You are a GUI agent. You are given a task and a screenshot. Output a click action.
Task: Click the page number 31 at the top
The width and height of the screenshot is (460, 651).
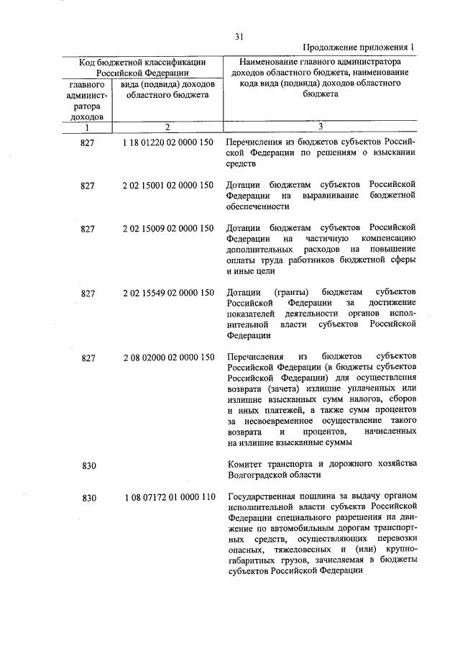240,36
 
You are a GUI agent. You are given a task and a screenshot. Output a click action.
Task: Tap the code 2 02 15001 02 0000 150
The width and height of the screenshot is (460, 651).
168,186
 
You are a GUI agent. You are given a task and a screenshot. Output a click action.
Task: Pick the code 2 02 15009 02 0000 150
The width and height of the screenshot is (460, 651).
168,228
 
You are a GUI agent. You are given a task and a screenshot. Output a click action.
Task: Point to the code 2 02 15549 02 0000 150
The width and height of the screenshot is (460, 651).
168,292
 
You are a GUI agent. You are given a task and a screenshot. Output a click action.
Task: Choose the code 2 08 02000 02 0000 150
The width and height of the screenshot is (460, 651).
168,357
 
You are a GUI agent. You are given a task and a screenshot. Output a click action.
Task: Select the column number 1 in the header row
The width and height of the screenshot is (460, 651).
87,127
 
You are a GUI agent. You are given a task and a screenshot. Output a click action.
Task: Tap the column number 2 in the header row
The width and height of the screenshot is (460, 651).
167,127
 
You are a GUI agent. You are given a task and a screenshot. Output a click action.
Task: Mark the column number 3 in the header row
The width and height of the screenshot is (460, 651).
321,127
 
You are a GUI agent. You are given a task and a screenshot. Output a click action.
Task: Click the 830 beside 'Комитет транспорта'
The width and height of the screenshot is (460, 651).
89,465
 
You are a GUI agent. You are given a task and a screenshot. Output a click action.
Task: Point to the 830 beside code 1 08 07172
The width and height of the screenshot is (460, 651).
89,497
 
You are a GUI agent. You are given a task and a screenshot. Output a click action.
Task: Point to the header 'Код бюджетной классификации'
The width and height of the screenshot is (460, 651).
142,62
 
